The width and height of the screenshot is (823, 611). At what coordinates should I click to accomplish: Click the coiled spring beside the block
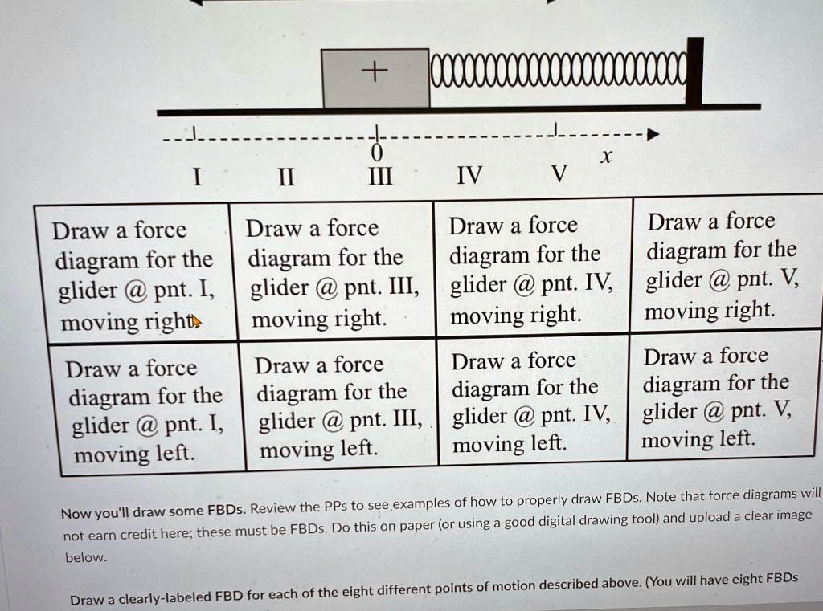(559, 71)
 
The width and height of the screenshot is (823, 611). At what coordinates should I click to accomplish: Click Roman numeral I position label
(196, 176)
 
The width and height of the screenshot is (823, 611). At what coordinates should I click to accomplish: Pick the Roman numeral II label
(285, 176)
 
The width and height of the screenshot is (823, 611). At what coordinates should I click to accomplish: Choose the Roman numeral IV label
(469, 174)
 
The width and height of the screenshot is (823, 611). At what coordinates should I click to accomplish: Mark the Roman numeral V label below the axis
(560, 173)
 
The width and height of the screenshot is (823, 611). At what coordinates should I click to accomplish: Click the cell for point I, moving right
(133, 275)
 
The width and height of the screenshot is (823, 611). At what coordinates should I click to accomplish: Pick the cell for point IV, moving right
(530, 269)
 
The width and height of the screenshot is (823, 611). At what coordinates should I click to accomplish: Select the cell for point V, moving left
(717, 397)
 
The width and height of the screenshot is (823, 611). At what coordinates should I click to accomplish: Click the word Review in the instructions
(275, 507)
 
